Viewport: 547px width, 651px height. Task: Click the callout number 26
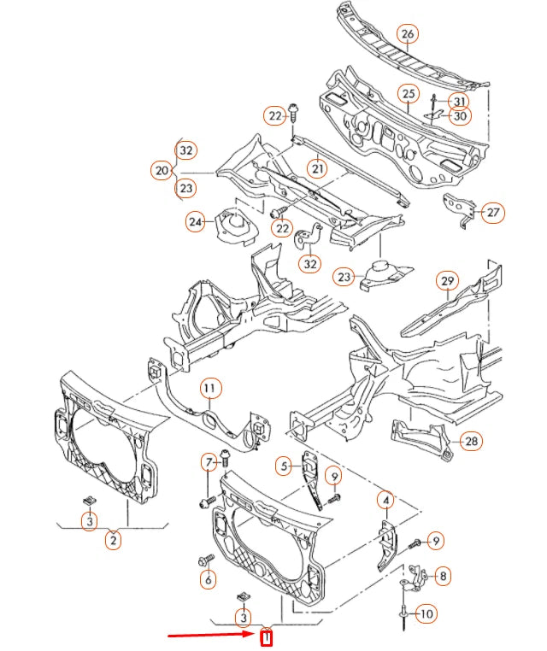click(407, 34)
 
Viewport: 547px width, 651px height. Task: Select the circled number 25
click(408, 93)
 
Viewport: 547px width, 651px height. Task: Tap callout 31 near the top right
click(461, 101)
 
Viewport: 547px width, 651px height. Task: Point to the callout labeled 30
click(461, 116)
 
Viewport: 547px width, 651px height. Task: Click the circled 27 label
click(492, 213)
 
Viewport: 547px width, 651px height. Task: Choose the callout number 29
click(447, 280)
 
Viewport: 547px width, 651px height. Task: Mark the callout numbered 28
click(470, 441)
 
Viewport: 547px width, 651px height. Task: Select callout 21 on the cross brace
click(317, 168)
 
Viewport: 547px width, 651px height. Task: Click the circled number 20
click(162, 171)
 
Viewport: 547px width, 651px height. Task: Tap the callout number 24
click(196, 222)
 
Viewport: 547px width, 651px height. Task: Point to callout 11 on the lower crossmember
click(210, 389)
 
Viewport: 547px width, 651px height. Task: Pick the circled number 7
click(209, 463)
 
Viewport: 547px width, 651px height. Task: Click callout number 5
click(284, 466)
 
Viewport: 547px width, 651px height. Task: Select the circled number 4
click(386, 500)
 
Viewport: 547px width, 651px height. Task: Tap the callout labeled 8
click(442, 577)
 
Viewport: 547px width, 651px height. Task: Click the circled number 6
click(208, 579)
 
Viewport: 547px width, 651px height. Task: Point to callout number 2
click(113, 539)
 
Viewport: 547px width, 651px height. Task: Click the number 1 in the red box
click(266, 637)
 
